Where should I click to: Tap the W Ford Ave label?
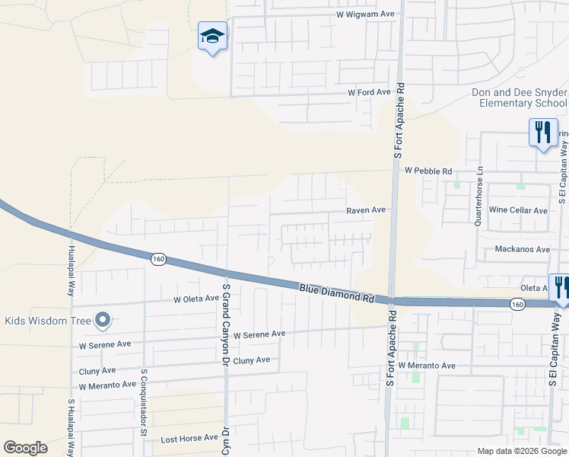click(369, 91)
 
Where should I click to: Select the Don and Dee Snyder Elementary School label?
click(519, 97)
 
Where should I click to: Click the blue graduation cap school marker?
click(212, 36)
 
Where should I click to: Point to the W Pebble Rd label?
click(428, 171)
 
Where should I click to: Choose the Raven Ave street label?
click(366, 209)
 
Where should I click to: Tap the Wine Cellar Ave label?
click(518, 210)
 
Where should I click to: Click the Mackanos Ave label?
click(522, 249)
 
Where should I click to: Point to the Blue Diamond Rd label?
click(337, 293)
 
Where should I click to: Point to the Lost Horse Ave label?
click(185, 439)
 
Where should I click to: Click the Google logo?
click(25, 448)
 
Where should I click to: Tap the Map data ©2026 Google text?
click(522, 451)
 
